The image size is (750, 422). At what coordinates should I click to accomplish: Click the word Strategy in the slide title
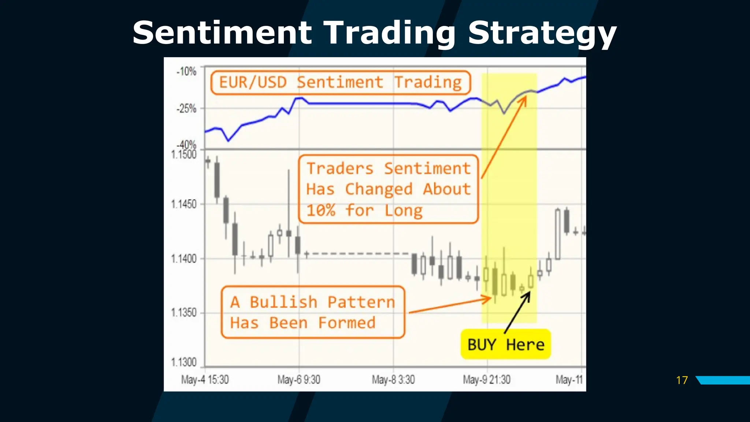coord(542,34)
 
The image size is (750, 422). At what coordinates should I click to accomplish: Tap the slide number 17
coord(682,380)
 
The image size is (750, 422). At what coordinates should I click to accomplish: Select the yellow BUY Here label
coord(506,345)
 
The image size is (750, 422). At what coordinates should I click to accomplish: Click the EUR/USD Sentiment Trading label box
coord(340,82)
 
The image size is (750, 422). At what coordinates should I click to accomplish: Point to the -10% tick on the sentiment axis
coord(186,71)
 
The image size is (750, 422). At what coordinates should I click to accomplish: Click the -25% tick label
coord(186,109)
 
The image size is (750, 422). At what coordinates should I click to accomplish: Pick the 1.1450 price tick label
coord(184,204)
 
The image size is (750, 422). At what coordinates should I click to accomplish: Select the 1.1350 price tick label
coord(184,313)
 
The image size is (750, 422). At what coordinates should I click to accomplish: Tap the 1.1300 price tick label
coord(184,362)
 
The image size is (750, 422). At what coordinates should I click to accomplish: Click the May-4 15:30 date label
coord(205,380)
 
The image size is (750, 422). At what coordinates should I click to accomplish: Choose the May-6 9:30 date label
coord(299,380)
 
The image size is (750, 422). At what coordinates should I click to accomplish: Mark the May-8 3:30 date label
coord(393,380)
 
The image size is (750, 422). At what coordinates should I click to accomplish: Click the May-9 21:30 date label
coord(487,380)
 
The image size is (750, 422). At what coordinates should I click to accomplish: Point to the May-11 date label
coord(569,380)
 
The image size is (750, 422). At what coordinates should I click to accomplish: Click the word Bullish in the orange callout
coord(283,302)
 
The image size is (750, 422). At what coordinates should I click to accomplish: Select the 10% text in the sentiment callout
coord(321,211)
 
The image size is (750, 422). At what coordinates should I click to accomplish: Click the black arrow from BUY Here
coord(517,312)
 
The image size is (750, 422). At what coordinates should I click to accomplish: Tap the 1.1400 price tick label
coord(184,259)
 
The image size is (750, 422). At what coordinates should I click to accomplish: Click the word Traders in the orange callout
coord(340,169)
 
